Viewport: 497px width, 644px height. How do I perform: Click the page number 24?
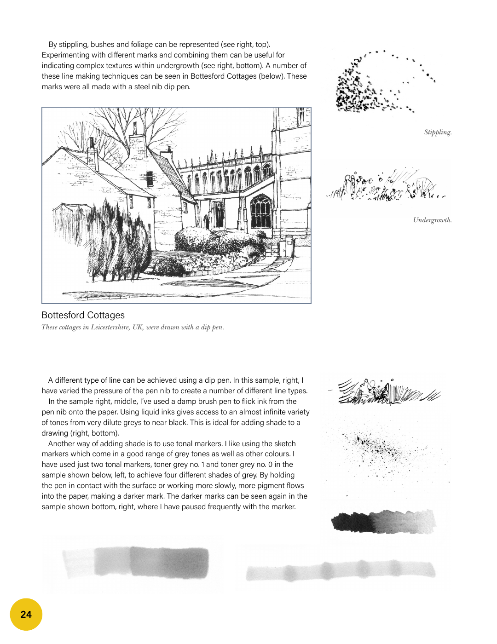(x=26, y=615)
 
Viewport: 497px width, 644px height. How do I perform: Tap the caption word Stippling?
(x=438, y=132)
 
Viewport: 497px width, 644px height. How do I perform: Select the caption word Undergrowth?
(x=432, y=220)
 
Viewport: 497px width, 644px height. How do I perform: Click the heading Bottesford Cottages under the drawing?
(x=83, y=315)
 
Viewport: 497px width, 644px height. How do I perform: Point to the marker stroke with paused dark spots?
(x=341, y=571)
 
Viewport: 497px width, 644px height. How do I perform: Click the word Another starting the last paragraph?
(x=63, y=444)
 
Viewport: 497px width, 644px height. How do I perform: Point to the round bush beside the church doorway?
(x=193, y=239)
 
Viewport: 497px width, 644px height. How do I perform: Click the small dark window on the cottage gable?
(x=150, y=178)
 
